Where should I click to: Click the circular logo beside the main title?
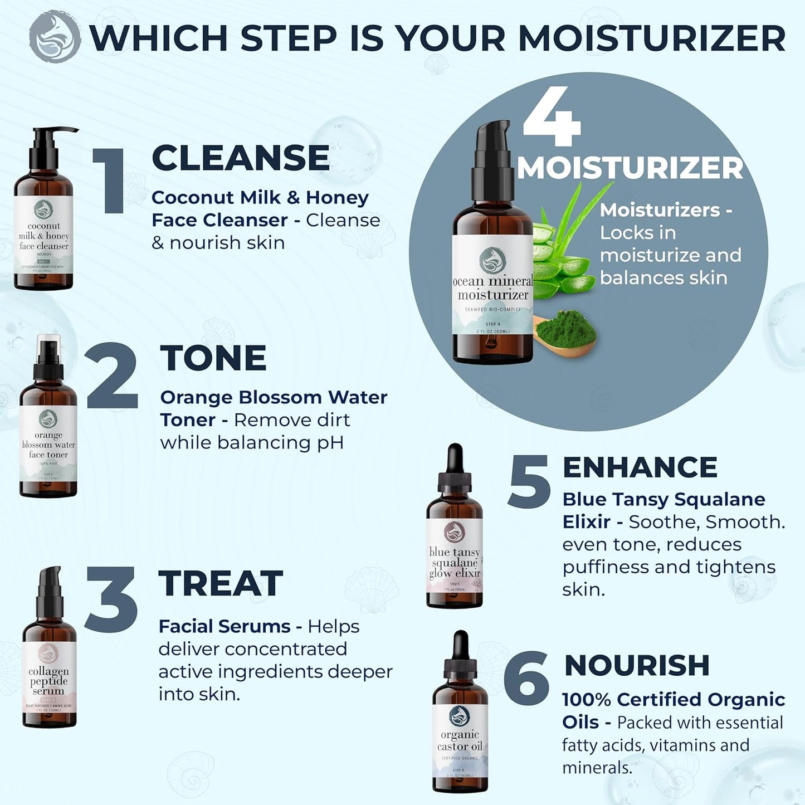[55, 37]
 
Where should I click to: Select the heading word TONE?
[213, 358]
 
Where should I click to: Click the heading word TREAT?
[221, 583]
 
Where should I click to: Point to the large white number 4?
[552, 117]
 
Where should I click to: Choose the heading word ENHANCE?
[640, 467]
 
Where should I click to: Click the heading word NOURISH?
[637, 665]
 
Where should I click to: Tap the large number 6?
[526, 678]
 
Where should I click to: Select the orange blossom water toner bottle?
[48, 429]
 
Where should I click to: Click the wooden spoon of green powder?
[564, 334]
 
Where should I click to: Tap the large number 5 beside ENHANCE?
[529, 481]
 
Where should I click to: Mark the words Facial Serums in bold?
[224, 626]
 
